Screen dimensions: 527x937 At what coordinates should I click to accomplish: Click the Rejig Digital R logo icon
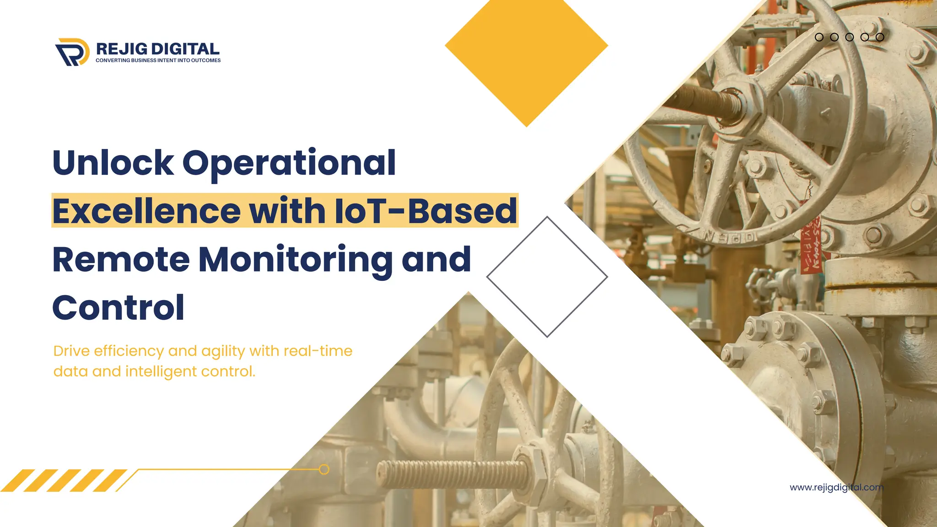(72, 52)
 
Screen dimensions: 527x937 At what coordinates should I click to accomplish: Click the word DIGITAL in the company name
(185, 49)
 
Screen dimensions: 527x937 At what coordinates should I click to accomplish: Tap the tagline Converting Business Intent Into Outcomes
(158, 60)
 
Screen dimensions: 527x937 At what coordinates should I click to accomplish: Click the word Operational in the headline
(289, 164)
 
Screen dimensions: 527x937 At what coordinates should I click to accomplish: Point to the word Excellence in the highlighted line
(146, 211)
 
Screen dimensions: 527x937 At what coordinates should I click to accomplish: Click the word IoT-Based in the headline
(425, 211)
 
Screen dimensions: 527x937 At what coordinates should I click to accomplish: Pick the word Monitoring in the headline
(295, 259)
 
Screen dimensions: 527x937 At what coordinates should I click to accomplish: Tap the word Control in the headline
(118, 308)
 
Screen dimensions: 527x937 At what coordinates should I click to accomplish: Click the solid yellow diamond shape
(526, 50)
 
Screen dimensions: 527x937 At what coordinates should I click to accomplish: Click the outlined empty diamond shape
(547, 277)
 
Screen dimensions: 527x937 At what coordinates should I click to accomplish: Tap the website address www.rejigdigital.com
(836, 487)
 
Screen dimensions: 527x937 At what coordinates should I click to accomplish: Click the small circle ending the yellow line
(324, 469)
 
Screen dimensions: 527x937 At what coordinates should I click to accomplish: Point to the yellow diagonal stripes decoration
(64, 480)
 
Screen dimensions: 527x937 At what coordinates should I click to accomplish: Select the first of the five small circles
(819, 37)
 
